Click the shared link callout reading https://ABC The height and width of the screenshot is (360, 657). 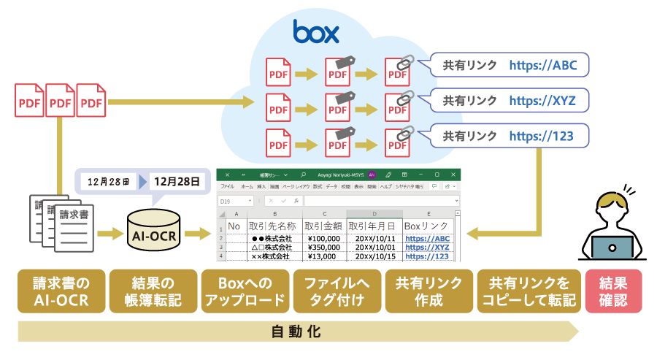point(509,66)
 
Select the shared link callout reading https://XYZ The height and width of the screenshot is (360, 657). point(509,100)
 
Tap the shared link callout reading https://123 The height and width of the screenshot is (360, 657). point(509,136)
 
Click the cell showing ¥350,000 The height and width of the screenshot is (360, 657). point(322,247)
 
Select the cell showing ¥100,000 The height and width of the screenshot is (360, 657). point(322,238)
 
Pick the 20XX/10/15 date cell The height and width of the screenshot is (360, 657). point(374,256)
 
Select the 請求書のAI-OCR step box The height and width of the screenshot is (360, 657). point(61,291)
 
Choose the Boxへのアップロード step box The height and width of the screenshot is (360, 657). point(245,291)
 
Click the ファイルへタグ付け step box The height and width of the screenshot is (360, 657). point(337,291)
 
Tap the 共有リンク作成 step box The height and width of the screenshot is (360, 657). point(429,291)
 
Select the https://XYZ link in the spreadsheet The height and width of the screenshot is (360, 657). point(427,248)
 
